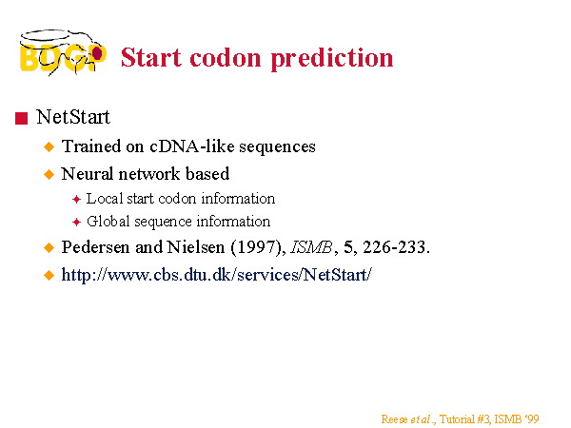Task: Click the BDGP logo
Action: point(63,52)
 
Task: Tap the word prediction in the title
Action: point(332,59)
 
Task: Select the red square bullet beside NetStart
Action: point(22,118)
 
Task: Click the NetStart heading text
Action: point(73,117)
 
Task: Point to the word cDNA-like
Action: point(192,146)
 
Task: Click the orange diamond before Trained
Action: point(49,147)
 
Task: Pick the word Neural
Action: point(87,174)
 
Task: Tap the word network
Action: point(149,174)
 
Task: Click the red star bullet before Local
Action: point(76,200)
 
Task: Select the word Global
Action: point(108,222)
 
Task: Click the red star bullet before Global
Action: point(76,222)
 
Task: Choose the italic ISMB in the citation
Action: point(311,247)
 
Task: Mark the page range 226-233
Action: point(397,247)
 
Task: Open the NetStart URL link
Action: point(217,275)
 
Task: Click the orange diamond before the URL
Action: point(49,275)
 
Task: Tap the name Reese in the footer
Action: point(394,419)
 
